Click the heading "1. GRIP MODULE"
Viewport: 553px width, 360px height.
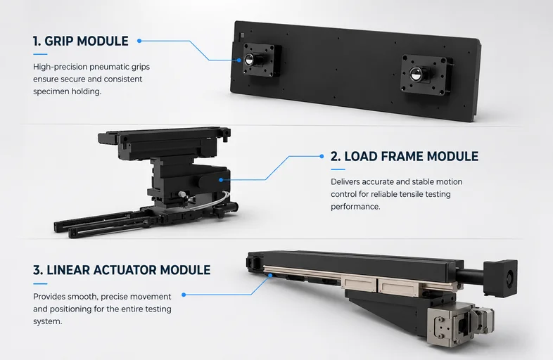point(81,41)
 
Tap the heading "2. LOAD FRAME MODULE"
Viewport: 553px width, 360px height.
point(405,156)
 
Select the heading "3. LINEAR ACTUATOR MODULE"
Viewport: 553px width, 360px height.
point(122,270)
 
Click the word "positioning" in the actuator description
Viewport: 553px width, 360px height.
point(75,309)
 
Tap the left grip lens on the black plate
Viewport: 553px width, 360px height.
point(248,60)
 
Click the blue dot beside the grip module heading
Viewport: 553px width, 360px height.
point(139,41)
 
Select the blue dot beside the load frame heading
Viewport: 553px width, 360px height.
point(322,156)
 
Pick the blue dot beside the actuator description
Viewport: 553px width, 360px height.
point(184,295)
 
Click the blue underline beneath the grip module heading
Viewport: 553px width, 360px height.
point(40,54)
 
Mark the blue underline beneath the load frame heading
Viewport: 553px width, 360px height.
point(338,169)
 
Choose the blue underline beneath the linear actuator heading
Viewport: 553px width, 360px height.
point(40,284)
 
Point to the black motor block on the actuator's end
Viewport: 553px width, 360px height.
point(500,278)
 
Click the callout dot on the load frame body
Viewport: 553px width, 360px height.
point(221,180)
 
